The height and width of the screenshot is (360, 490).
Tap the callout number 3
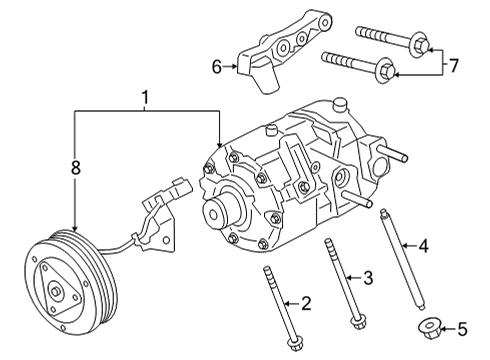click(x=368, y=277)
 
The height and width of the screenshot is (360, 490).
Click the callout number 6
click(x=217, y=67)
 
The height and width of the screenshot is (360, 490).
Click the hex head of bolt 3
click(x=356, y=320)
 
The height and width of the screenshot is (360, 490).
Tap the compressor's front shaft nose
click(x=216, y=212)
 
